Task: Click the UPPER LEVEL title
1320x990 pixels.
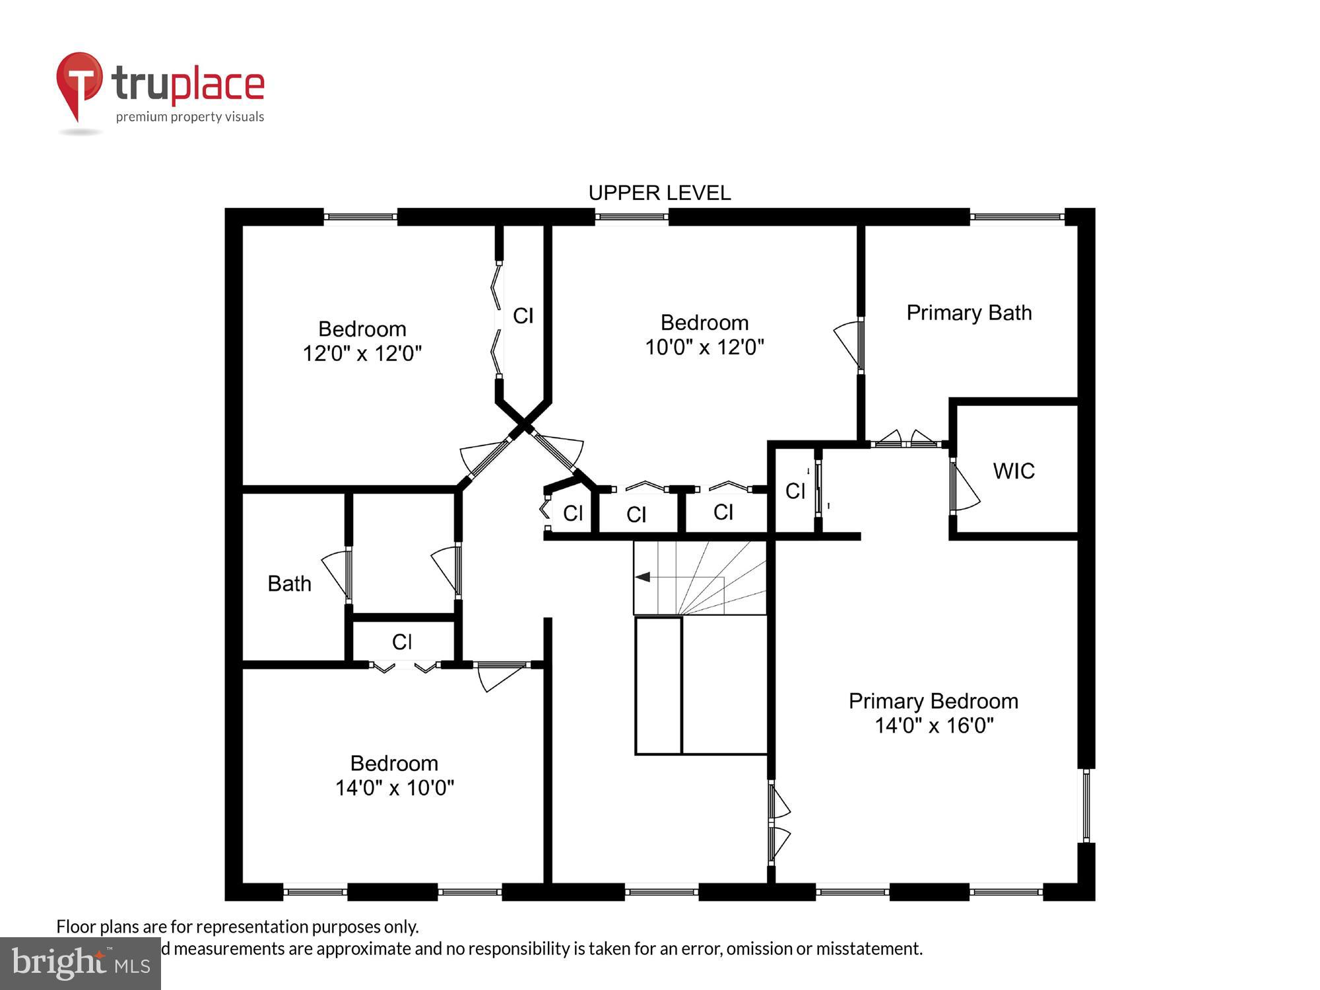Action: (x=659, y=193)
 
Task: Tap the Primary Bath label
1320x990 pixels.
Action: (x=968, y=313)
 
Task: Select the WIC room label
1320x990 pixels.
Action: (x=1013, y=471)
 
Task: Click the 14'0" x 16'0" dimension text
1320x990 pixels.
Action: (x=933, y=726)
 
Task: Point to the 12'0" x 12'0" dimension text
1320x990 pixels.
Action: (x=362, y=354)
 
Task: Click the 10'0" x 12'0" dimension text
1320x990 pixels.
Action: (x=704, y=347)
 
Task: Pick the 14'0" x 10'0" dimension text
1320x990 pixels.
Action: (x=395, y=788)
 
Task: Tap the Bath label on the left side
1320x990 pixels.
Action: (x=289, y=584)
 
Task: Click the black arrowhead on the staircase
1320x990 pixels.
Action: (x=643, y=577)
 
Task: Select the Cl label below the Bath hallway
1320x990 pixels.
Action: (x=402, y=642)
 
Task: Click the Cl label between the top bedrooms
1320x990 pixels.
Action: (x=523, y=316)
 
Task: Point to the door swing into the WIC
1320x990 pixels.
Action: (x=965, y=488)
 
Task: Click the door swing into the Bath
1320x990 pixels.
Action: (x=336, y=573)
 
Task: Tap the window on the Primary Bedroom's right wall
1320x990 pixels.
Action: (x=1086, y=805)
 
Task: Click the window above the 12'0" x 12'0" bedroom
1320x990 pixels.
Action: (x=360, y=216)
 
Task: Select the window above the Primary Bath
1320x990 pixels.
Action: (x=1016, y=216)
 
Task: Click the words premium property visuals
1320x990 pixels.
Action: (x=190, y=117)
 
